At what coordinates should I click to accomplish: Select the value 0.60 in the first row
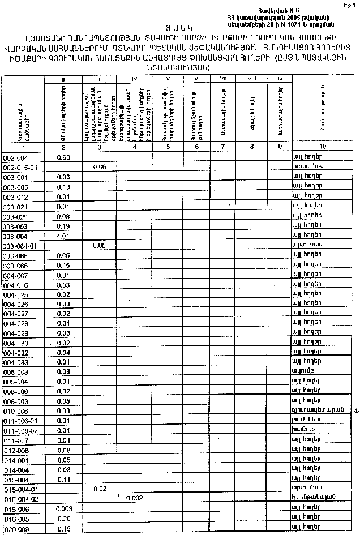pos(63,157)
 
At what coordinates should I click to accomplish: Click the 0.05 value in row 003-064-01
pos(99,246)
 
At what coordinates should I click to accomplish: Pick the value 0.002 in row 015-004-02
pos(134,498)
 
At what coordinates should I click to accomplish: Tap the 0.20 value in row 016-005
pos(63,519)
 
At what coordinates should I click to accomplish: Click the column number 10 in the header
pos(322,147)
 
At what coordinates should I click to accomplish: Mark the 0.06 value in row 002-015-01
pos(99,167)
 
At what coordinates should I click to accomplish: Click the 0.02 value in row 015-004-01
pos(99,487)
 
